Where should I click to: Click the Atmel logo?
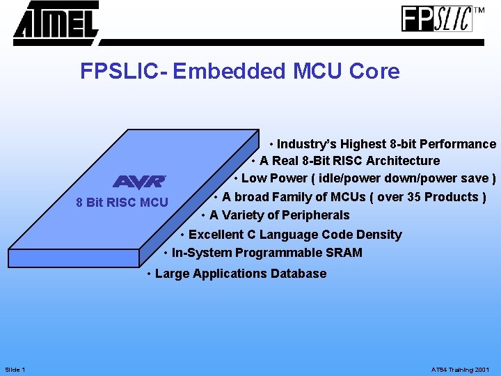(56, 21)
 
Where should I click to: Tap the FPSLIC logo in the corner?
(437, 18)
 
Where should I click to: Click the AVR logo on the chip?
(139, 181)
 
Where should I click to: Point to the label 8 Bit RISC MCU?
(122, 203)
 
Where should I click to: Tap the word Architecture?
(404, 161)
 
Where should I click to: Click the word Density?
(379, 235)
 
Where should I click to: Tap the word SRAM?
(345, 253)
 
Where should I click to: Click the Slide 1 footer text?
(15, 369)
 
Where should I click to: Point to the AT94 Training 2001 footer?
(460, 369)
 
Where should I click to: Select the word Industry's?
(303, 144)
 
